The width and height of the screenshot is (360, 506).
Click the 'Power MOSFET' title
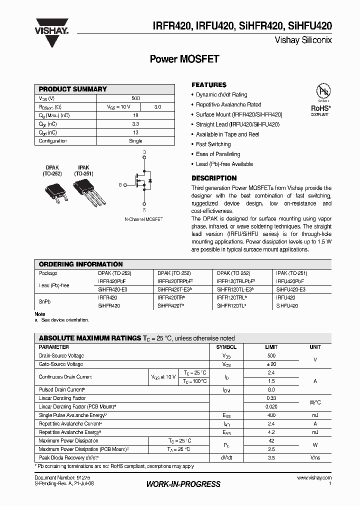tap(184, 59)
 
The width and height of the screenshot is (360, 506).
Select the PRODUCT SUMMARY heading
tap(73, 89)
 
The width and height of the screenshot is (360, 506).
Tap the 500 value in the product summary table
tap(135, 98)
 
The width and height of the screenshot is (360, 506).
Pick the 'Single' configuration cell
tap(135, 141)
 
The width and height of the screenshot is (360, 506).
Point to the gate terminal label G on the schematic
tap(120, 185)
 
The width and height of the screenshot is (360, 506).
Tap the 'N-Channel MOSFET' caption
tap(143, 219)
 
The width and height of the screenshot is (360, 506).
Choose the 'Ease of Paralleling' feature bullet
tap(218, 154)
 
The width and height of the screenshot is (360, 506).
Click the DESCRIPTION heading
tap(214, 178)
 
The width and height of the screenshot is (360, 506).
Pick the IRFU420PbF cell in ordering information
tap(290, 281)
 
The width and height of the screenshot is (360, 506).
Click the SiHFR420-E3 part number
tap(113, 289)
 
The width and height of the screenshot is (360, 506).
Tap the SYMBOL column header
tap(226, 347)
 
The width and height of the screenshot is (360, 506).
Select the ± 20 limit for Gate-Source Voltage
tap(270, 364)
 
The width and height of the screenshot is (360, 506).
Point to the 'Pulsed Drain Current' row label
tap(62, 389)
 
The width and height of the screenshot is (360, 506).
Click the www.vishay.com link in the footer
tap(314, 478)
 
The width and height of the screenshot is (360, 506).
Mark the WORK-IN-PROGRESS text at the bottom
tap(183, 484)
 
